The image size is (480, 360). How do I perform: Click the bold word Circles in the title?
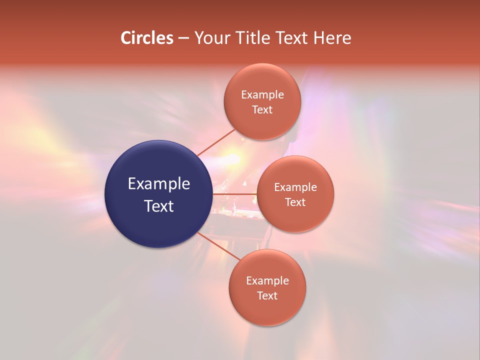146,38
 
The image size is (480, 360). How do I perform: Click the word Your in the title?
211,38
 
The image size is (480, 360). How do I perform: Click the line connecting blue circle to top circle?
216,142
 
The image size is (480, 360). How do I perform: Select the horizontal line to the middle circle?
234,194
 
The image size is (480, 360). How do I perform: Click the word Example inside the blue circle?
159,184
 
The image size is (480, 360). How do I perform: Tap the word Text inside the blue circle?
159,206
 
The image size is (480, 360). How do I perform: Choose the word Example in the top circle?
262,95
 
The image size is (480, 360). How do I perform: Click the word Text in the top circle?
262,110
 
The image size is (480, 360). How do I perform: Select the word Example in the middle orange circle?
295,187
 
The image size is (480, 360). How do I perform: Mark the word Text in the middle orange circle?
295,202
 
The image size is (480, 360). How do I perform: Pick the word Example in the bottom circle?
267,281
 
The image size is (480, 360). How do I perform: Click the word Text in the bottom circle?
267,296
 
